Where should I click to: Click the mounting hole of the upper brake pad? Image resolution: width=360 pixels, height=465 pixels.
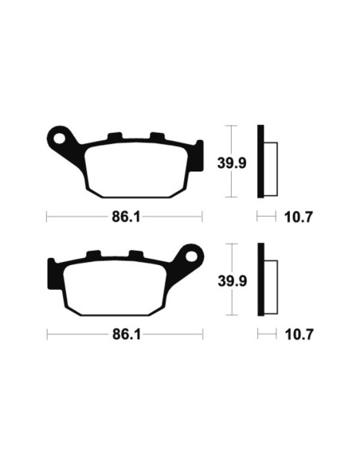pos(58,137)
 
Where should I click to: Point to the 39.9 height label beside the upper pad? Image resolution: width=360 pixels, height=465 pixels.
pos(231,162)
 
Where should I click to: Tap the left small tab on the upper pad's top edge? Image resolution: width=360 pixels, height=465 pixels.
pos(113,137)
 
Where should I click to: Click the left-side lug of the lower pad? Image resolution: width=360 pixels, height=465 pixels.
pos(53,267)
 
